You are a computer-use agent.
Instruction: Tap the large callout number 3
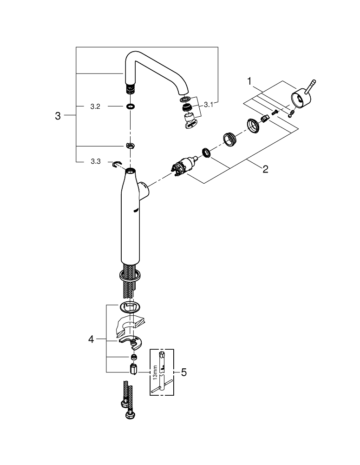click(x=58, y=116)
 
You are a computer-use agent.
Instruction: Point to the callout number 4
click(x=91, y=340)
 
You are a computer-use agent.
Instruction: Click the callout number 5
click(x=183, y=372)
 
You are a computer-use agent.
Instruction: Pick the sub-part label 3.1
click(x=208, y=105)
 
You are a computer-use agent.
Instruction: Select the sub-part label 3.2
click(x=95, y=106)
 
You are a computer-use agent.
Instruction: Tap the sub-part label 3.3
click(x=95, y=161)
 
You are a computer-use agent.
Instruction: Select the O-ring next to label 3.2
click(x=131, y=106)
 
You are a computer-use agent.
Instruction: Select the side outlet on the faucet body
click(x=145, y=190)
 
